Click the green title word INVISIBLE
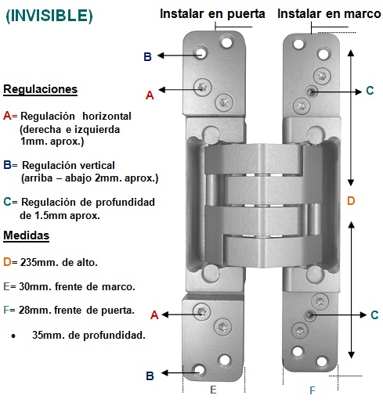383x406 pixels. coord(49,16)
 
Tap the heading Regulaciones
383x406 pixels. coord(40,89)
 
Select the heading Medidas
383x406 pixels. coord(26,235)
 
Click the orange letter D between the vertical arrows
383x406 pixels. coord(351,201)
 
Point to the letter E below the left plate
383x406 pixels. coord(213,390)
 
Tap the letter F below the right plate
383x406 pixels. coord(313,390)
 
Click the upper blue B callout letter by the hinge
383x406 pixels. coord(147,56)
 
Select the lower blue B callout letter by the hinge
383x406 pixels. coord(150,375)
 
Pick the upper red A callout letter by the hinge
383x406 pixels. coord(150,95)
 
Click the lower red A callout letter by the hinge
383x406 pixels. coord(154,315)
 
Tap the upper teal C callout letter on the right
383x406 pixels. coord(370,91)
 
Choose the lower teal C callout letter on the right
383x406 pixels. coord(374,314)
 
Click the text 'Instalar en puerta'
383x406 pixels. coord(212,14)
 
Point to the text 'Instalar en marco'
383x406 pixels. coord(329,13)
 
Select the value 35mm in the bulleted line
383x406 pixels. coord(49,335)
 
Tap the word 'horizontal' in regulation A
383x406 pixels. coord(107,117)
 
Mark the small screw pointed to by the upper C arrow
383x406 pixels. coord(311,92)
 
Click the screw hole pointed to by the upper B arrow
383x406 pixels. coord(201,53)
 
